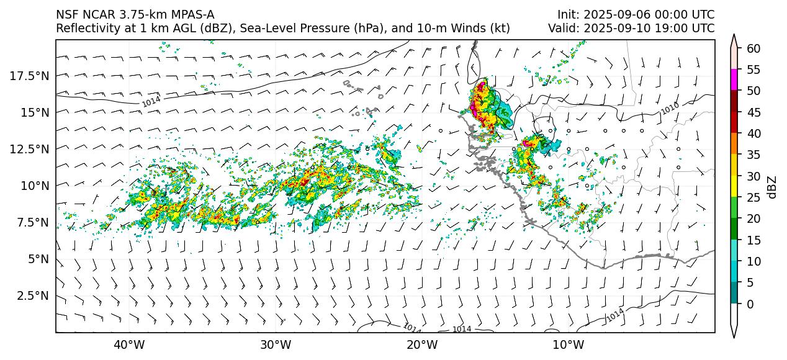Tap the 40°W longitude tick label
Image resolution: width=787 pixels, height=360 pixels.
129,345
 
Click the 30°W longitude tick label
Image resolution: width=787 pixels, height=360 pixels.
276,345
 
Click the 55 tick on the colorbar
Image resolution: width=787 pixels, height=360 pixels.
753,70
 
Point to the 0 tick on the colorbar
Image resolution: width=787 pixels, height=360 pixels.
750,304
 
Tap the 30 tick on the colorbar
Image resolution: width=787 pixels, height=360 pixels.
753,176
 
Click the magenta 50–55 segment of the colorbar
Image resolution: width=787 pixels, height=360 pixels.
734,80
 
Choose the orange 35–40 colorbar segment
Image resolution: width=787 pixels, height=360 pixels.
734,144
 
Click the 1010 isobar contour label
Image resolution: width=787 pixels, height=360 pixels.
668,109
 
